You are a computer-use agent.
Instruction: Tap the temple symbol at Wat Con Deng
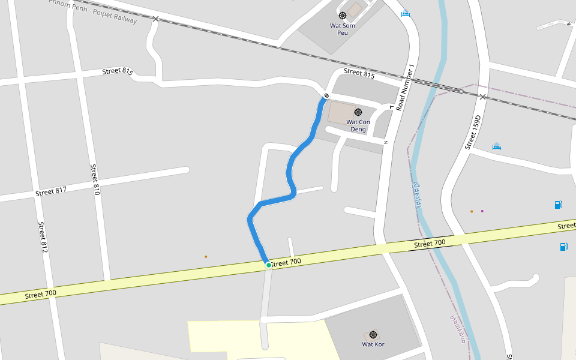(x=358, y=112)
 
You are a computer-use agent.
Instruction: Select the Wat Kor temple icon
(x=373, y=335)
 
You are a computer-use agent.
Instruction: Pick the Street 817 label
(x=51, y=191)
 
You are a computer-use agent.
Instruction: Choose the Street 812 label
(x=43, y=237)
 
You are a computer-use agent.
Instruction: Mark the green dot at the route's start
(x=269, y=265)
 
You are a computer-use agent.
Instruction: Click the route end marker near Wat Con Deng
(x=326, y=96)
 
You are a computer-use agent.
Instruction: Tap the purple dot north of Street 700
(x=482, y=211)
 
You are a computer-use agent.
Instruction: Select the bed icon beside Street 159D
(x=496, y=146)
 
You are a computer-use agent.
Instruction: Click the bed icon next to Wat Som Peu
(x=406, y=13)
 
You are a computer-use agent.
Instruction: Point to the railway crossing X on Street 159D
(x=482, y=97)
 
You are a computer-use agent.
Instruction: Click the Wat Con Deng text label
(x=358, y=125)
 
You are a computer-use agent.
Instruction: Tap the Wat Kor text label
(x=373, y=344)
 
